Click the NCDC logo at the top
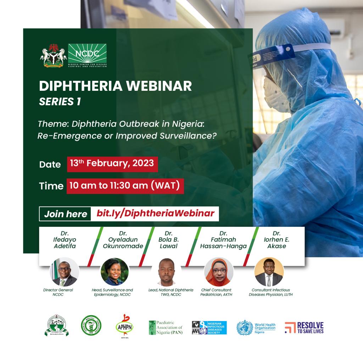(87, 55)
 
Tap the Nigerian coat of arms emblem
(54, 56)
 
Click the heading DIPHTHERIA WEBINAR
(115, 86)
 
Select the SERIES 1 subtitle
(60, 102)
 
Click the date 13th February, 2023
(112, 163)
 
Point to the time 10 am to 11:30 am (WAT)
(125, 185)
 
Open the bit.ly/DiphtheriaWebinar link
(155, 213)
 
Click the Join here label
(66, 214)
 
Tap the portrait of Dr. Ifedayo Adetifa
(64, 272)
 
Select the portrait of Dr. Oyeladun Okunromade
(115, 272)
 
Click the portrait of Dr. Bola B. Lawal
(167, 272)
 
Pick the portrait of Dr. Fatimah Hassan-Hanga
(219, 272)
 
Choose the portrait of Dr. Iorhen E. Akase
(269, 272)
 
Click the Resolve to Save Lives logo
(305, 328)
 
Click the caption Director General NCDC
(58, 292)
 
